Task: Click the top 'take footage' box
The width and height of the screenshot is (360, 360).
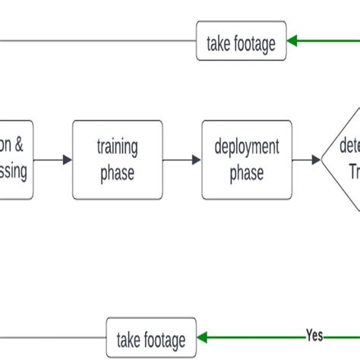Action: [241, 44]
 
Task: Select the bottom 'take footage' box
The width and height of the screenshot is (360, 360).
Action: [150, 337]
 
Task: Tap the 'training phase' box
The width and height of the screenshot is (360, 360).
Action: [116, 159]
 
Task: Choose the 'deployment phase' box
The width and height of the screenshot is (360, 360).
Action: [247, 159]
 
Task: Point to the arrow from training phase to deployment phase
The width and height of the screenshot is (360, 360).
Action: [182, 159]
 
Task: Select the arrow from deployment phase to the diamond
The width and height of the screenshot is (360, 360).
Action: [307, 159]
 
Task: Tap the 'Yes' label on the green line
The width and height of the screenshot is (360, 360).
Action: [314, 335]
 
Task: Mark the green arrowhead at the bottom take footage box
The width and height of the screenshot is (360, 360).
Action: [202, 337]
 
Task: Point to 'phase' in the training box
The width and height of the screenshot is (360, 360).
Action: [116, 172]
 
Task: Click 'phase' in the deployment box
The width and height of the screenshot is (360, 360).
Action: [247, 172]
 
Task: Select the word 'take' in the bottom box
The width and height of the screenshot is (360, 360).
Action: [129, 337]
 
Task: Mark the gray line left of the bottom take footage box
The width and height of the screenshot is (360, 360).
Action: [53, 337]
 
